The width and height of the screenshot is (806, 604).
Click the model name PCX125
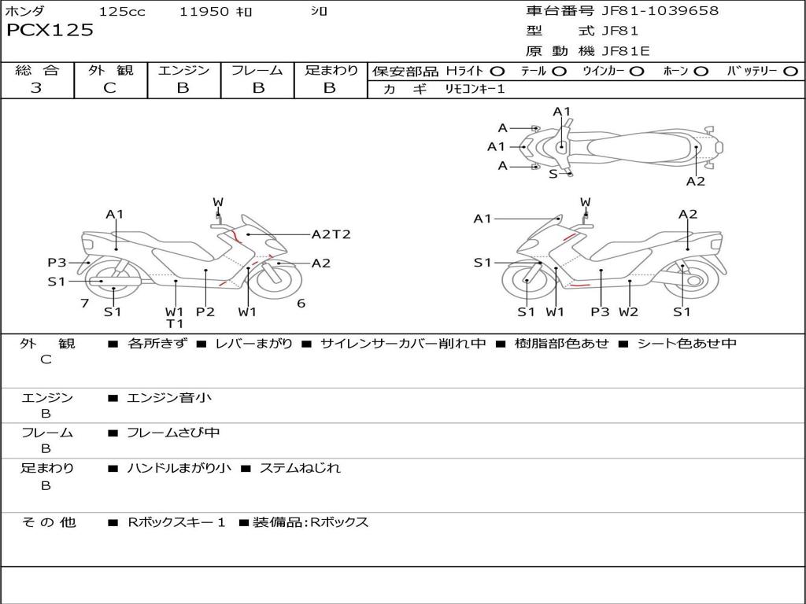(50, 31)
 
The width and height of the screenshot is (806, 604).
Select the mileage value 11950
(204, 12)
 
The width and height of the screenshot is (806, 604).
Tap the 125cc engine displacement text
(121, 12)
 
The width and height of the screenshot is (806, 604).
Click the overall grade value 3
(36, 88)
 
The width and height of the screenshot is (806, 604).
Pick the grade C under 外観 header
(109, 88)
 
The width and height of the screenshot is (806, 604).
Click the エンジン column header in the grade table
(183, 71)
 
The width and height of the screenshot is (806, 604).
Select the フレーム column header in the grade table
(257, 71)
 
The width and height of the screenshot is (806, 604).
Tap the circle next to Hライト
(497, 72)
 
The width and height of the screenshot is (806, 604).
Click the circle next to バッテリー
(790, 72)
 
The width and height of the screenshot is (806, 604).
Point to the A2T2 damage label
(331, 234)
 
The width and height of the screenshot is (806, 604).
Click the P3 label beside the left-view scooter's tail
(57, 263)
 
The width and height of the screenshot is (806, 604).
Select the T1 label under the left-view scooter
(174, 323)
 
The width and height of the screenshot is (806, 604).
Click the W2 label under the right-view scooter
(628, 311)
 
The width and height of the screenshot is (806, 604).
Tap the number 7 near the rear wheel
(84, 304)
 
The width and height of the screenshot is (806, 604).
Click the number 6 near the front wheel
(301, 304)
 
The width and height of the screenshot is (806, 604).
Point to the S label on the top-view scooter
(553, 174)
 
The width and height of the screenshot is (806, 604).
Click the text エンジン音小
(169, 398)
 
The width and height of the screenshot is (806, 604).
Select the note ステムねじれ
(300, 468)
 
